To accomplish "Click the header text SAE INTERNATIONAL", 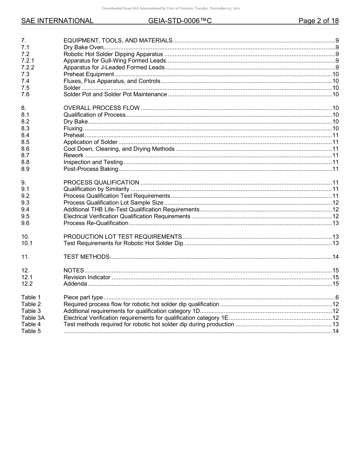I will (x=57, y=21).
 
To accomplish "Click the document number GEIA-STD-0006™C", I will (x=180, y=21).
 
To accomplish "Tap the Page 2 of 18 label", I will (x=318, y=21).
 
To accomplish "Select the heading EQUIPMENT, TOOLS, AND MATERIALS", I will (x=118, y=41).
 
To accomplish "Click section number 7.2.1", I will (x=28, y=61).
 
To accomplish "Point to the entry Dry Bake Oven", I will (x=83, y=47).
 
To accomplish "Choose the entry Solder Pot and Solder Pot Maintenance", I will (x=115, y=94).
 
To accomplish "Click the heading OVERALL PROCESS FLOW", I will (x=102, y=108).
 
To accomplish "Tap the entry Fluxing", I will (x=73, y=128).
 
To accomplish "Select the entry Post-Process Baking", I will (x=91, y=169).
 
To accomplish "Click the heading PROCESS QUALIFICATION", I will (x=101, y=183).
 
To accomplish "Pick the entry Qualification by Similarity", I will (x=96, y=189).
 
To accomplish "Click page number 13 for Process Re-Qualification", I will (x=335, y=223).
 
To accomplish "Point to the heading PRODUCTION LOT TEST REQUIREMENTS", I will (x=122, y=237).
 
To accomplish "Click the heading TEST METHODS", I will (x=86, y=257).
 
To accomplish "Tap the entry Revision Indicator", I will (x=87, y=277).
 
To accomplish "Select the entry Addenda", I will (x=75, y=284).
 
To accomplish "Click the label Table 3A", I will (x=33, y=318).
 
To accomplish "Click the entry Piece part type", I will (x=83, y=297).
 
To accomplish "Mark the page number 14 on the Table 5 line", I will (x=335, y=331).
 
